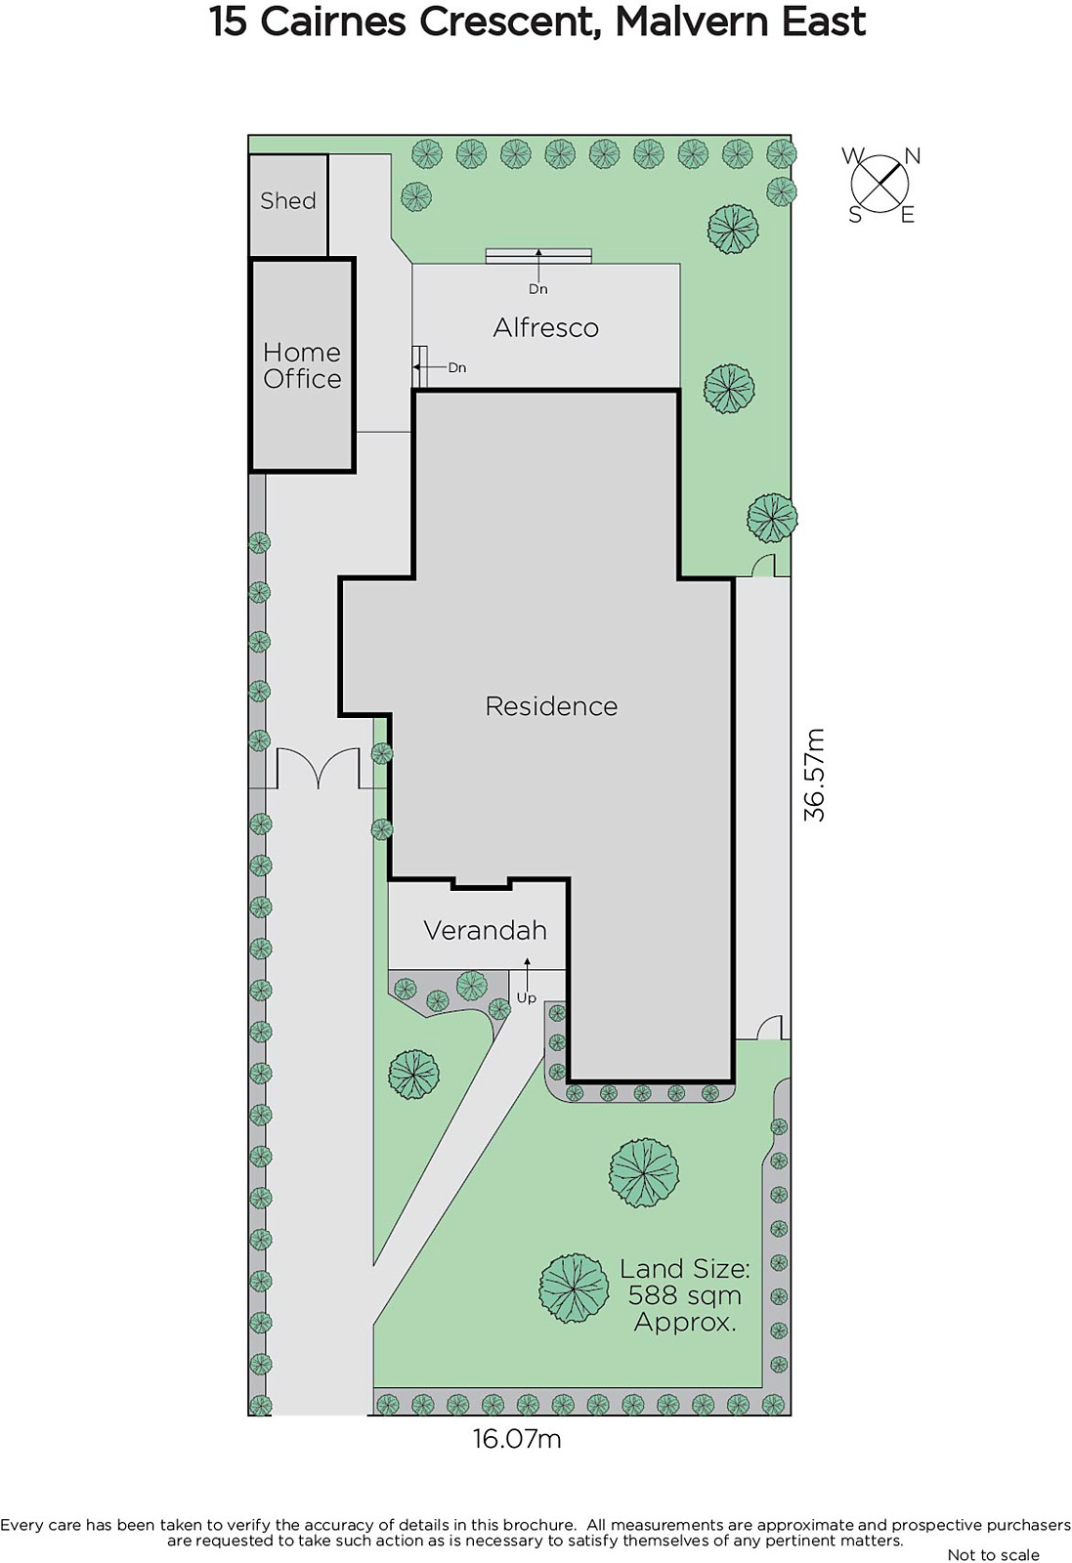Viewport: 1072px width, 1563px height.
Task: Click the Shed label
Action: [287, 201]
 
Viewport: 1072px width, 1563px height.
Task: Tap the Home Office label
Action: [302, 365]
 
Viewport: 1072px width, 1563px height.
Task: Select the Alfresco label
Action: [545, 328]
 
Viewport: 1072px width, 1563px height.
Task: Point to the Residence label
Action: [551, 706]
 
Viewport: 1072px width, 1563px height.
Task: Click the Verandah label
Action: [485, 930]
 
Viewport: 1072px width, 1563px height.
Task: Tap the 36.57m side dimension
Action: [814, 775]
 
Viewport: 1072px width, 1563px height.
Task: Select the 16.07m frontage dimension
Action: [517, 1438]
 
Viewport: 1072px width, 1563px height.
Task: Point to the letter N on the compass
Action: [912, 156]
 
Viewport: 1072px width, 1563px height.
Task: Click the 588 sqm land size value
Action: [684, 1295]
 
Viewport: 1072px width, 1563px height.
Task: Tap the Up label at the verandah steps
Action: [527, 997]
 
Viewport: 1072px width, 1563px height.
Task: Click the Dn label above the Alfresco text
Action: [537, 289]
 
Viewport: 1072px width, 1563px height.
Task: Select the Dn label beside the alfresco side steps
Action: [457, 367]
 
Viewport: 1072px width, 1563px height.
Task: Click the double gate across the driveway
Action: [319, 768]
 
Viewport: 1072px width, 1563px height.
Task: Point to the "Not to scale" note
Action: [993, 1554]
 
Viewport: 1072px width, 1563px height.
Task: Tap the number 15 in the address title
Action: [229, 22]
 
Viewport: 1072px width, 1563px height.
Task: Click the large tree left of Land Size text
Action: [575, 1288]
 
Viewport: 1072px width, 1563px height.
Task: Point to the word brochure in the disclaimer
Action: [538, 1525]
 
